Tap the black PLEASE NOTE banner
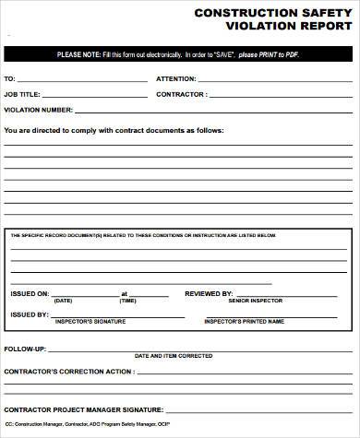(180, 55)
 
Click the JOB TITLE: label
(24, 94)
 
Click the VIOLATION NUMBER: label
(38, 110)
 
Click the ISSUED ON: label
(30, 293)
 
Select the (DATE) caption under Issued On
(63, 301)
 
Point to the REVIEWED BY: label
(209, 293)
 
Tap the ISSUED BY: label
(29, 314)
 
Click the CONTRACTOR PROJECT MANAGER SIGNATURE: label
(84, 408)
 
